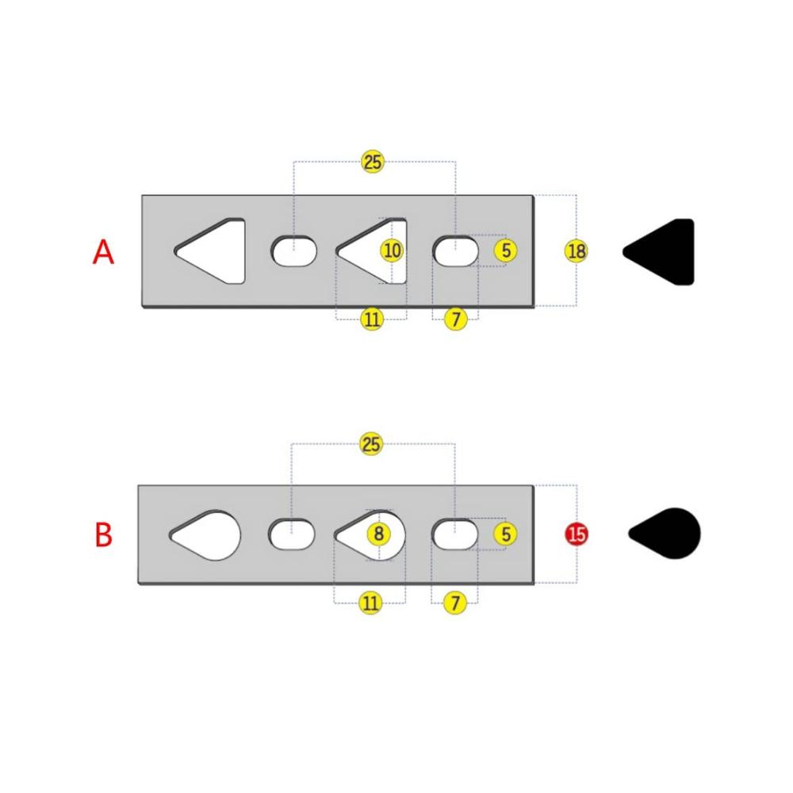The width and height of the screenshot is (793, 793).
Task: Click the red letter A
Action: click(103, 252)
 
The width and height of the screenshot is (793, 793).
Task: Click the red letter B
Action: click(104, 534)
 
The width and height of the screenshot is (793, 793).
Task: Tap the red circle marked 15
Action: click(577, 534)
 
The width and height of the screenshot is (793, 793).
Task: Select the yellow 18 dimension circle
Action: click(577, 251)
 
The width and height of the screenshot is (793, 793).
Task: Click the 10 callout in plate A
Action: click(393, 251)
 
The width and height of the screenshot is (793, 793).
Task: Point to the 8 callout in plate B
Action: click(379, 534)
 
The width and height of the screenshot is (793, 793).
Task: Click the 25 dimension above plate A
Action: click(373, 162)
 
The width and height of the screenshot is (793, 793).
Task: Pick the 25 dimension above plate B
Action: click(370, 444)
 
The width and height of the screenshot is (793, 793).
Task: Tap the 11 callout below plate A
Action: click(372, 319)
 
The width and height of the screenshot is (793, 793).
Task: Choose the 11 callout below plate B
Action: click(370, 603)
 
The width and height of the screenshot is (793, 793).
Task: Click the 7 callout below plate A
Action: click(456, 319)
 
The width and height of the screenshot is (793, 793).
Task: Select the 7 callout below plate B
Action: click(454, 603)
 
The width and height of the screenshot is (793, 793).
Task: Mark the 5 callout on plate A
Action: click(506, 251)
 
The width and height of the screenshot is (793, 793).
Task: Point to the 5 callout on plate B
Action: click(506, 534)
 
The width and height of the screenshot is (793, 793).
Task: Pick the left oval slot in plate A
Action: click(294, 251)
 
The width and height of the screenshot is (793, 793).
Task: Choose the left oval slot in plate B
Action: click(291, 534)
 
